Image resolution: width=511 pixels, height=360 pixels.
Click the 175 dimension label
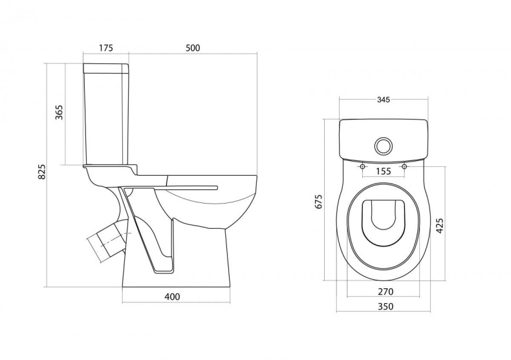106,48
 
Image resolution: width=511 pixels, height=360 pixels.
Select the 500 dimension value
193,48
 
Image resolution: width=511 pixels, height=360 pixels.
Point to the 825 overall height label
41,171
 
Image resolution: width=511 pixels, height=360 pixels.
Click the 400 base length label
172,297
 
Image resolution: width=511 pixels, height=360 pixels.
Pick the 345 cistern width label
384,100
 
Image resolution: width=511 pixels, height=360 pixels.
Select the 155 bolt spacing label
383,171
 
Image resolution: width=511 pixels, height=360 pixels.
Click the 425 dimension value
440,226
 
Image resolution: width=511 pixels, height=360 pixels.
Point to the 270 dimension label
386,291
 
